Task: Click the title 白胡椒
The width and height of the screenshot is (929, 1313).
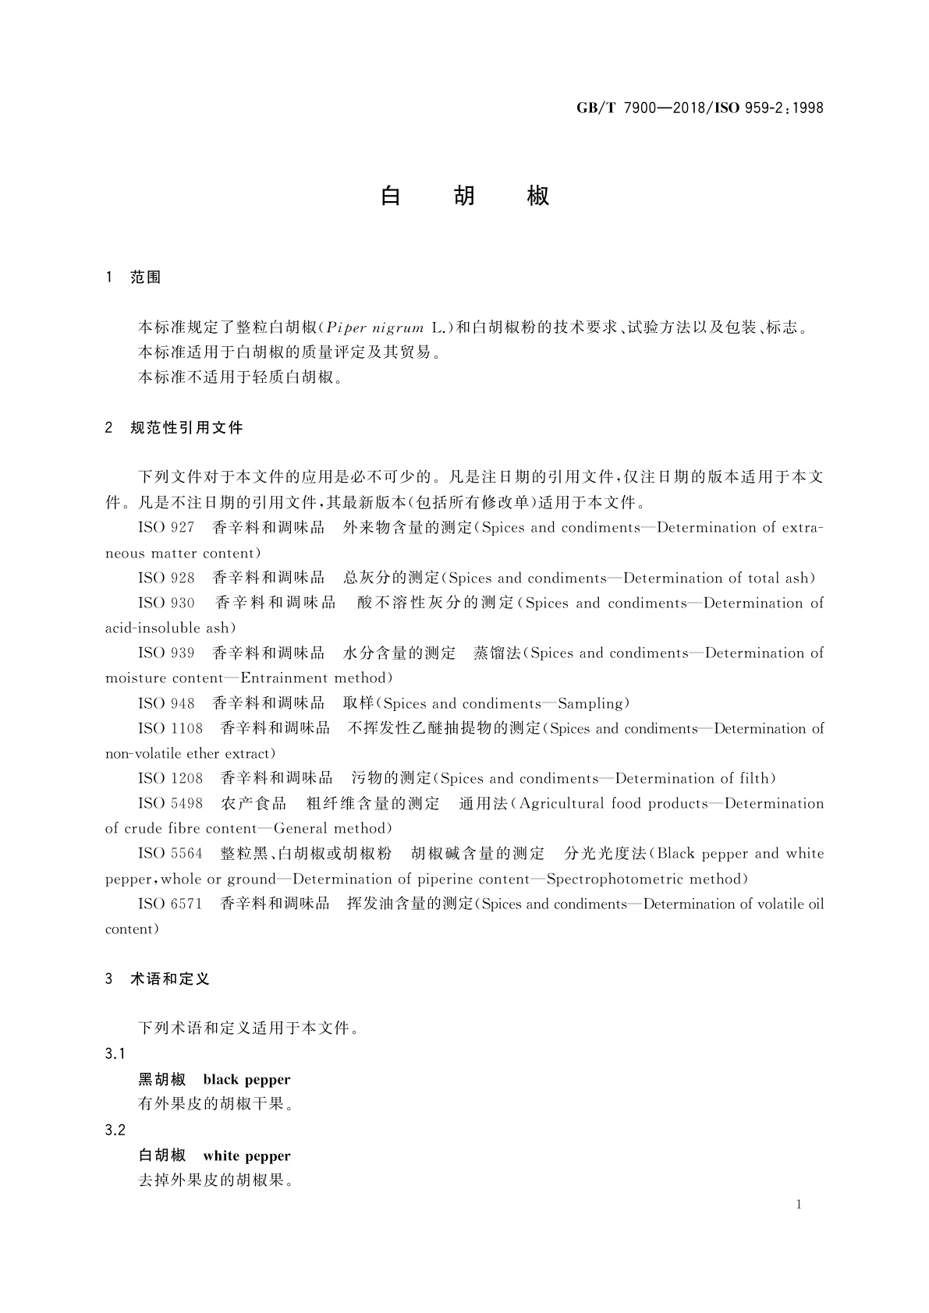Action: click(x=465, y=196)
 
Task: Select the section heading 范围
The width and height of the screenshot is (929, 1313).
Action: click(x=145, y=278)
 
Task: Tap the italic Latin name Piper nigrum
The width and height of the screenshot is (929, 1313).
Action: click(x=375, y=327)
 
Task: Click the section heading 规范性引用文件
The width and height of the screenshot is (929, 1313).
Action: click(x=186, y=427)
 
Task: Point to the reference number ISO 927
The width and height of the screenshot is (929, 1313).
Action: click(x=166, y=528)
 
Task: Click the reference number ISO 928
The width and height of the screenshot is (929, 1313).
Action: click(x=166, y=579)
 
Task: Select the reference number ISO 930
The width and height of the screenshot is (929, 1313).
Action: click(x=166, y=603)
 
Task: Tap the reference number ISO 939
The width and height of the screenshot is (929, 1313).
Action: click(x=166, y=653)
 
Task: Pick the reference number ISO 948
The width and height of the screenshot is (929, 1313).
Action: click(x=166, y=704)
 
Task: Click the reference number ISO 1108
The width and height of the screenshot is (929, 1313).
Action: click(x=170, y=729)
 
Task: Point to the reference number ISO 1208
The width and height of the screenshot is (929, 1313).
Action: click(x=170, y=779)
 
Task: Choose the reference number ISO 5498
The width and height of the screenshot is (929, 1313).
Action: click(x=170, y=804)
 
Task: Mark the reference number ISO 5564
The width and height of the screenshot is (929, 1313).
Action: click(x=170, y=854)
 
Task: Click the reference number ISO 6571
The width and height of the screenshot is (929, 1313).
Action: click(x=170, y=904)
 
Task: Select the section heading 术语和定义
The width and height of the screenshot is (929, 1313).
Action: click(x=170, y=979)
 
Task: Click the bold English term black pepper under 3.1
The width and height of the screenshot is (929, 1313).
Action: click(x=246, y=1080)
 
